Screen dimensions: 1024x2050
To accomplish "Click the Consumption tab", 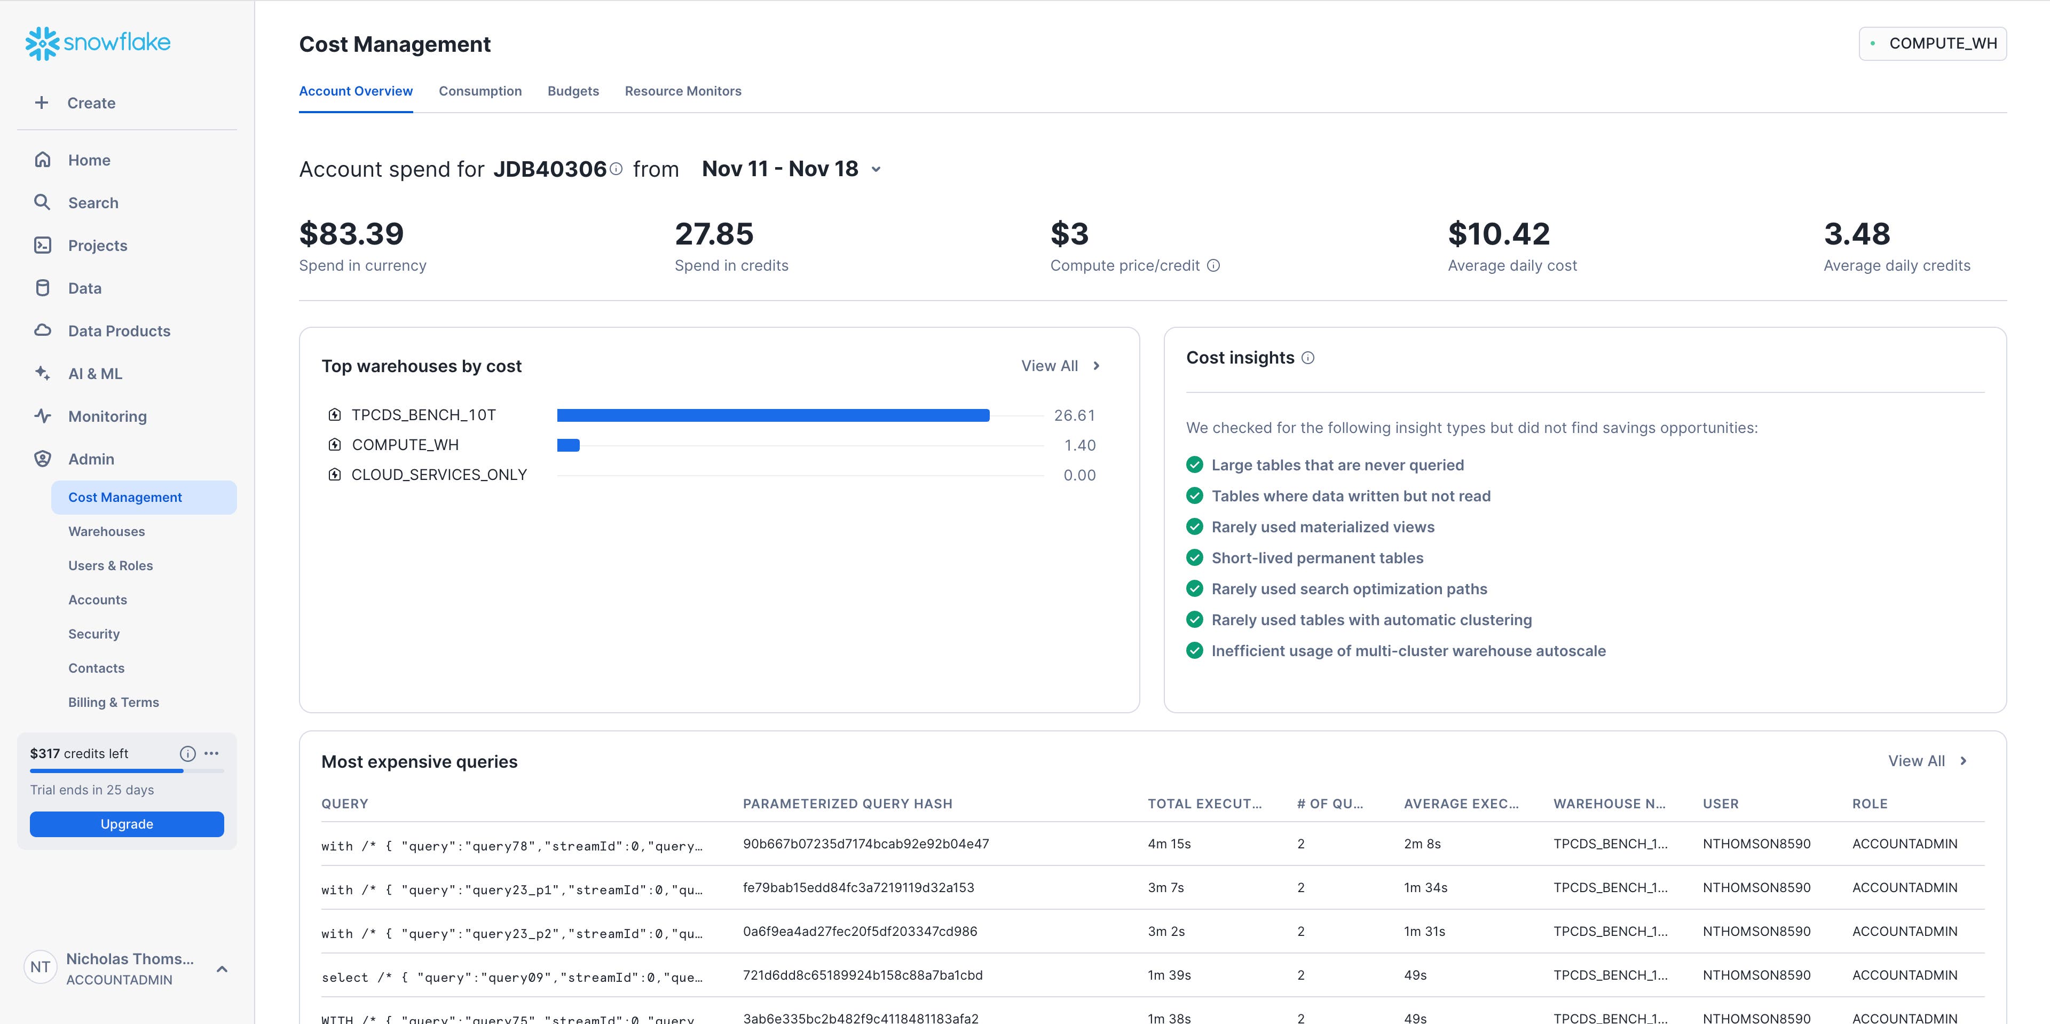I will (x=480, y=91).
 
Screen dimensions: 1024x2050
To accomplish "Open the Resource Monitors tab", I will (x=683, y=91).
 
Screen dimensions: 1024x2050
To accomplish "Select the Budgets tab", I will (x=573, y=91).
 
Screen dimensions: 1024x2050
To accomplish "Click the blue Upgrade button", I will (x=127, y=823).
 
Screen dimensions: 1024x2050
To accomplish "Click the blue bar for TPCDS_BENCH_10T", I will (x=772, y=415).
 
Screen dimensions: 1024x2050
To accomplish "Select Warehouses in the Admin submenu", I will (x=107, y=532).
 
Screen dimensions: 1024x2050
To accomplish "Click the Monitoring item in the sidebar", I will (x=107, y=416).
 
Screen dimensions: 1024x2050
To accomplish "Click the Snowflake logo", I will (x=98, y=43).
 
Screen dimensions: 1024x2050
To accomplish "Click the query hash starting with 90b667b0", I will (x=866, y=844).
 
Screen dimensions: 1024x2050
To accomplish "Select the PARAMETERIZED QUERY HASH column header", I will (x=848, y=804).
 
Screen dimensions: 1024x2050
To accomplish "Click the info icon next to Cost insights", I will (x=1307, y=358).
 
